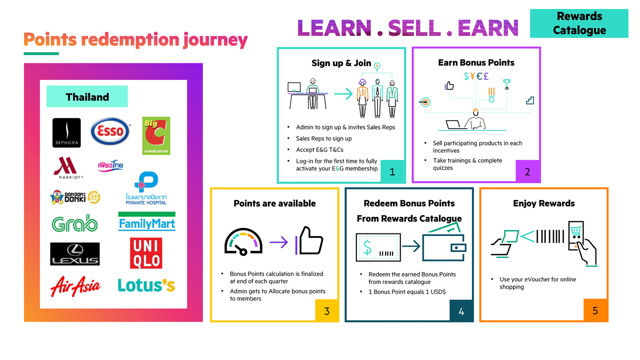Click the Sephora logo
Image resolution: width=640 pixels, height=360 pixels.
[x=66, y=132]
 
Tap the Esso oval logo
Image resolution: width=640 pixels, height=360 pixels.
[x=110, y=131]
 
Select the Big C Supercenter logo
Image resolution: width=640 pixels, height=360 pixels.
[x=156, y=135]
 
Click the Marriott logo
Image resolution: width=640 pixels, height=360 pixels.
[x=68, y=167]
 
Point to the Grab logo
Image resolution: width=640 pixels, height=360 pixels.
[x=74, y=223]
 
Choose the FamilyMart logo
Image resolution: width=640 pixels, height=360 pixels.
[x=146, y=221]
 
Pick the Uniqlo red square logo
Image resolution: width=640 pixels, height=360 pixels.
[x=146, y=253]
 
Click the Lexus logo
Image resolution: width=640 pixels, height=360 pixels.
[x=75, y=254]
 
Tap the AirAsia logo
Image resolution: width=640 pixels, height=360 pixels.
[x=75, y=286]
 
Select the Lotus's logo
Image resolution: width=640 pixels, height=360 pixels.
[x=146, y=285]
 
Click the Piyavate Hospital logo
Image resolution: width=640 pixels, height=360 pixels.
[x=146, y=188]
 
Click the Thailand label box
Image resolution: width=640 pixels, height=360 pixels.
[x=87, y=96]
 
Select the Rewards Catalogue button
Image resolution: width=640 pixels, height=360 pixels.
[x=579, y=23]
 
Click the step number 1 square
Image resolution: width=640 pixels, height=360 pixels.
[x=392, y=171]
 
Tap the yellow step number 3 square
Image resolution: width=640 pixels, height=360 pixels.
[x=326, y=310]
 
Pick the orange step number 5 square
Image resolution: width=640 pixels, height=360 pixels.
[x=595, y=310]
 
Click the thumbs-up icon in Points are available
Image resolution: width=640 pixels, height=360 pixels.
[x=309, y=241]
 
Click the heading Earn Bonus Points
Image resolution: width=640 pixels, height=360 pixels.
[x=476, y=62]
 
